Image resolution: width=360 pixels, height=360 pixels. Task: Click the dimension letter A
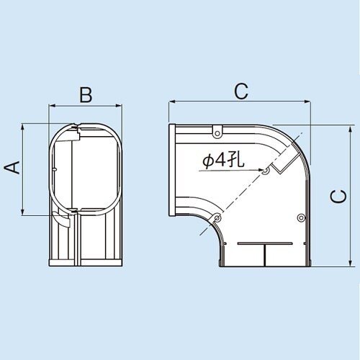point(11,168)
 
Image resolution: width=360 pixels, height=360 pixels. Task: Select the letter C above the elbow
point(240,91)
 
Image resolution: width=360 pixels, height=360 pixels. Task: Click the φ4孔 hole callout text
point(224,161)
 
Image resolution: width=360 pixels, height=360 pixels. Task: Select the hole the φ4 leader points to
point(266,171)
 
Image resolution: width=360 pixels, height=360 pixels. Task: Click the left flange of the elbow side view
point(172,170)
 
